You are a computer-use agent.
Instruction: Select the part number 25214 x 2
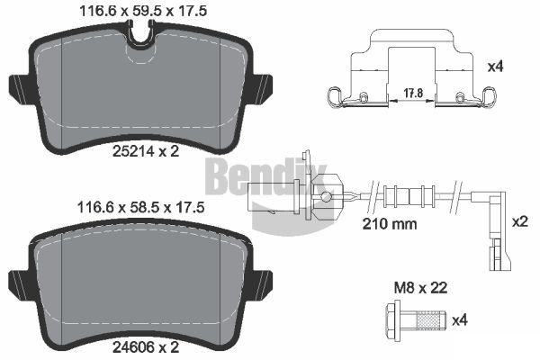pyautogui.click(x=145, y=151)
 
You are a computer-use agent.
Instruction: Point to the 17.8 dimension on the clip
pyautogui.click(x=412, y=91)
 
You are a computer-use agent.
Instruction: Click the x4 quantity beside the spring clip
pyautogui.click(x=519, y=66)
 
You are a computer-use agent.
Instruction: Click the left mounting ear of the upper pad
pyautogui.click(x=19, y=89)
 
